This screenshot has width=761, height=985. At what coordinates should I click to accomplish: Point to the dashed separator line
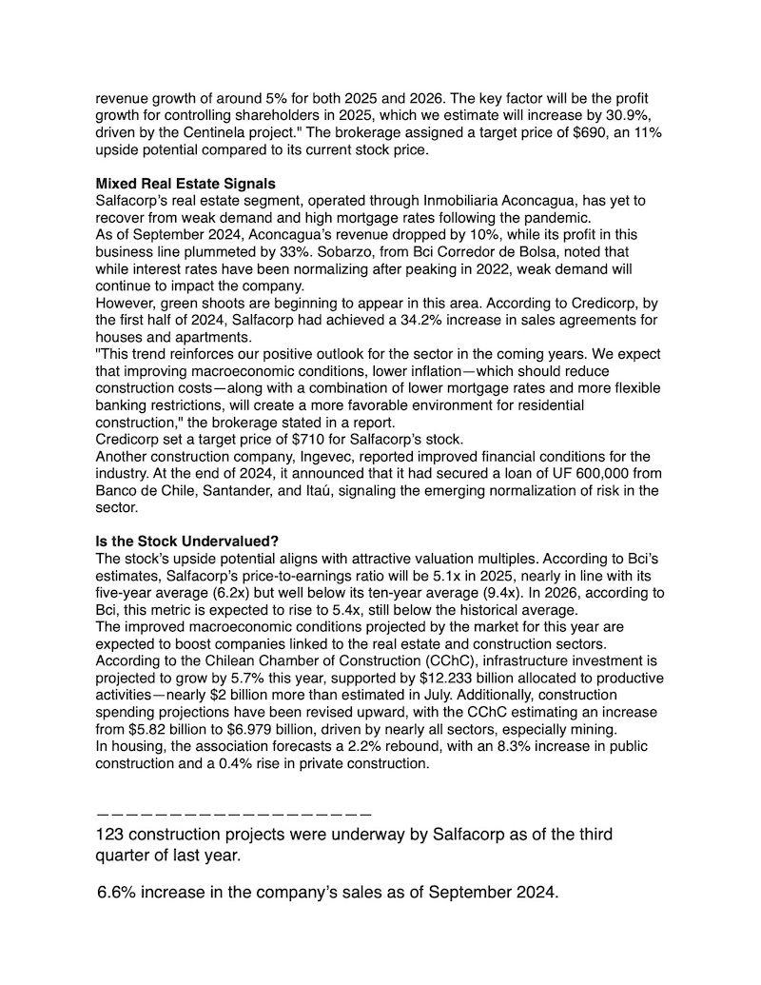coord(233,815)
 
